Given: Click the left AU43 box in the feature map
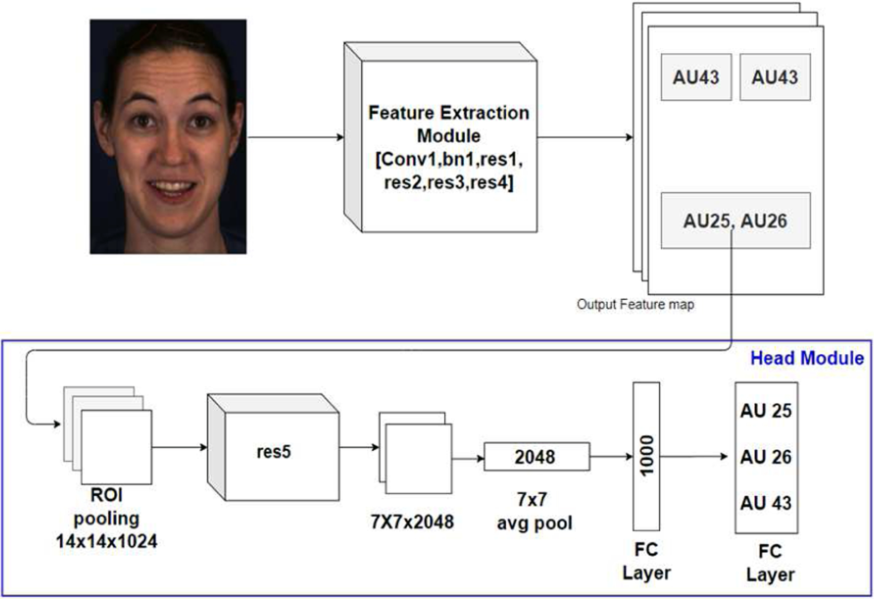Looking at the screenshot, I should (696, 77).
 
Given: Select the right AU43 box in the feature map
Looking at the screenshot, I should (775, 77).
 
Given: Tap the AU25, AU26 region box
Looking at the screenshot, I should (735, 221).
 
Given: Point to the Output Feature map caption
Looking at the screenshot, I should (635, 304).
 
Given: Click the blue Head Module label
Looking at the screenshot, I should (807, 358).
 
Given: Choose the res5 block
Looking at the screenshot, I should (274, 452).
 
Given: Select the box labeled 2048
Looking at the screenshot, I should (536, 457).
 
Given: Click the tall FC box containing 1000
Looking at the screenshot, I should (646, 456).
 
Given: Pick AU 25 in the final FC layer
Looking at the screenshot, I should (766, 411).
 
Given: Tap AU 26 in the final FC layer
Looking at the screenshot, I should (766, 457).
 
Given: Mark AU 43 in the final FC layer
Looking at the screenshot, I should (766, 503).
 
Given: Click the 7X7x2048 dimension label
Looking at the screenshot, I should (412, 522).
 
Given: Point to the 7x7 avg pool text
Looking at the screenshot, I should (534, 512).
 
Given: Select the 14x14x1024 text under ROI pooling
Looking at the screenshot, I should (107, 541).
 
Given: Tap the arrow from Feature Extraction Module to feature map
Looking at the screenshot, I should (584, 137).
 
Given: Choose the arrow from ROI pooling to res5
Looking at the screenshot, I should (179, 448).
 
